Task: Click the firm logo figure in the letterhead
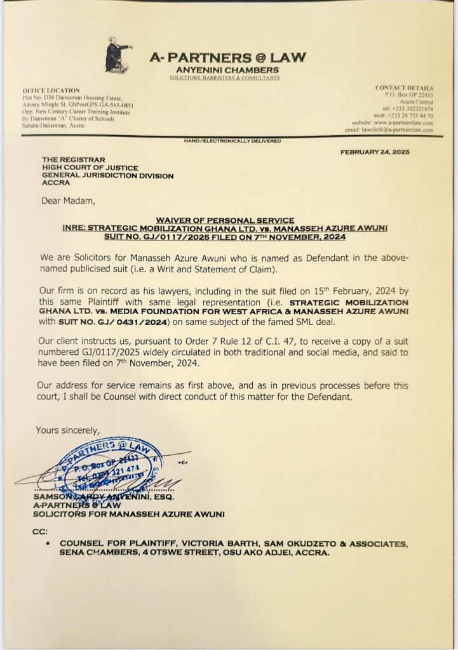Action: tap(118, 55)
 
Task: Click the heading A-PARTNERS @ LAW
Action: tap(227, 58)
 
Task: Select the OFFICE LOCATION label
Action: tap(51, 91)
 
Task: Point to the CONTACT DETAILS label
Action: tap(404, 88)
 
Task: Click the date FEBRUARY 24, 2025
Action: tap(375, 153)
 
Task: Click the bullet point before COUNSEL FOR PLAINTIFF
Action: tap(50, 544)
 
